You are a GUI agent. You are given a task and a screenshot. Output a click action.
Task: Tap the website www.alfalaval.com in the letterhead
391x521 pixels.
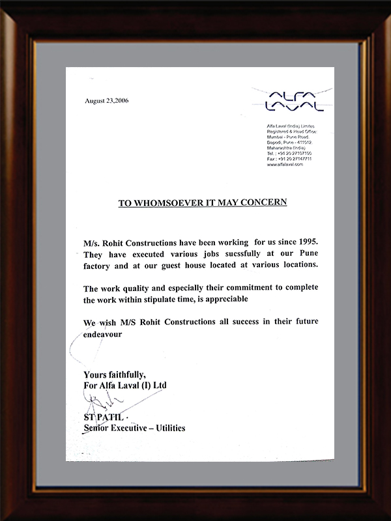point(285,165)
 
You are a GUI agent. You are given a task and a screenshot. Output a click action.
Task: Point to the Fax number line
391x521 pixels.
point(289,159)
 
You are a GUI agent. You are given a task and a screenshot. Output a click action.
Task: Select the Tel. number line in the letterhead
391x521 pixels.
point(289,153)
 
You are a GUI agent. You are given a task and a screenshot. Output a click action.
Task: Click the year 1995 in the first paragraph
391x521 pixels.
point(306,242)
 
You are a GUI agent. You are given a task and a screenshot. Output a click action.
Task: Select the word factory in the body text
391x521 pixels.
point(99,265)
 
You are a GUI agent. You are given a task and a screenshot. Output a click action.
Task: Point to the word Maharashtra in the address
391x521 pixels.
point(281,147)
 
